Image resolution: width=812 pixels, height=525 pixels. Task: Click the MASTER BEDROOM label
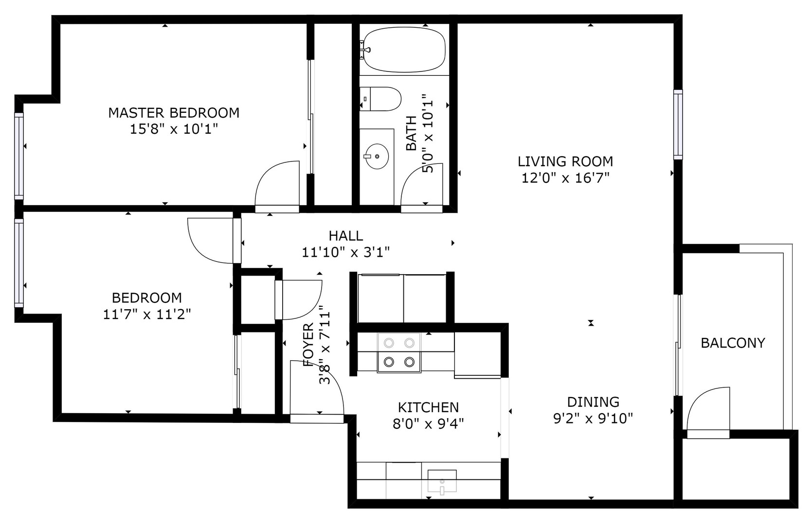[x=174, y=113]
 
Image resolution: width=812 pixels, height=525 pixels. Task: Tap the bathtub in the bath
[x=404, y=50]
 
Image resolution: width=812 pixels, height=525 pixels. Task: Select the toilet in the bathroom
[x=380, y=99]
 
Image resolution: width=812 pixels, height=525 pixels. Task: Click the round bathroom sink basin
[x=377, y=156]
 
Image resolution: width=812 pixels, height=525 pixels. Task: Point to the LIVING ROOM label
[x=565, y=161]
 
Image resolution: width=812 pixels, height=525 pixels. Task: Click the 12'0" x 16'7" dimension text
[x=565, y=178]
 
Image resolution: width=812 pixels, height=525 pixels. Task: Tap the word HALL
[x=346, y=236]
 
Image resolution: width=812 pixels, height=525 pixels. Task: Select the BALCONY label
[x=733, y=343]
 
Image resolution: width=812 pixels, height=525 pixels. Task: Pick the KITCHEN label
[x=429, y=408]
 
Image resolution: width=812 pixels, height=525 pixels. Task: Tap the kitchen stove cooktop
[x=399, y=352]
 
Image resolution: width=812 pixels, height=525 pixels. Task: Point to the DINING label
[x=593, y=402]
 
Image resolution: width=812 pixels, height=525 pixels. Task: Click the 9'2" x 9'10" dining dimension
[x=593, y=419]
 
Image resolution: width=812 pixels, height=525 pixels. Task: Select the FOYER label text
[x=308, y=345]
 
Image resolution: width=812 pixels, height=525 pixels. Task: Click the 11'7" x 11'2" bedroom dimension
[x=147, y=314]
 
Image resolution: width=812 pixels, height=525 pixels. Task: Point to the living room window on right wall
[x=678, y=124]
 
